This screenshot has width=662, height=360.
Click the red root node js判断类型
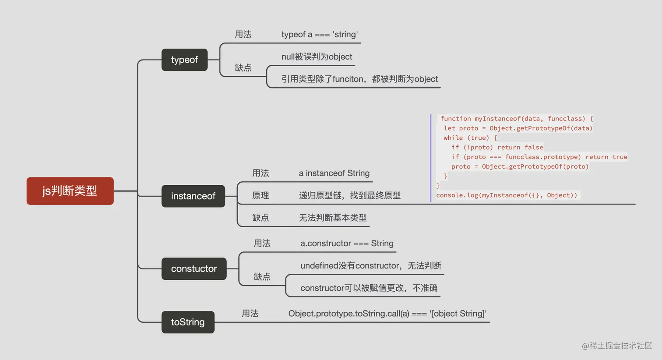70,191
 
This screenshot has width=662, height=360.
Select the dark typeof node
184,60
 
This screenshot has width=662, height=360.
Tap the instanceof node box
193,196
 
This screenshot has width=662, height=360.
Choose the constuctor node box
194,269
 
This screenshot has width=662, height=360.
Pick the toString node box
188,322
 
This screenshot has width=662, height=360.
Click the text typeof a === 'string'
320,35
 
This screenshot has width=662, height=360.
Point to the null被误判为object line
317,57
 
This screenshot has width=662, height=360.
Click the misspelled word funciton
348,79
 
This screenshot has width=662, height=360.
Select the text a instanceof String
334,173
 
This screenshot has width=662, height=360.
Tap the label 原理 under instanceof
261,196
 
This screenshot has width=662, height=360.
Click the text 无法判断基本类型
333,218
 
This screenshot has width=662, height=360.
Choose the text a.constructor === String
347,244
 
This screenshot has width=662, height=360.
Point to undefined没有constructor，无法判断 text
371,266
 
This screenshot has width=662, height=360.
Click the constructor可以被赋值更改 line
369,288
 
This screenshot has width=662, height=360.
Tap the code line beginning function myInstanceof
517,119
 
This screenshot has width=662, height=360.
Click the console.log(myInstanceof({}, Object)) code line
507,195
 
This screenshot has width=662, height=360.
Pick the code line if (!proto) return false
497,148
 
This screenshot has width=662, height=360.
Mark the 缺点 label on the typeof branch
243,68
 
